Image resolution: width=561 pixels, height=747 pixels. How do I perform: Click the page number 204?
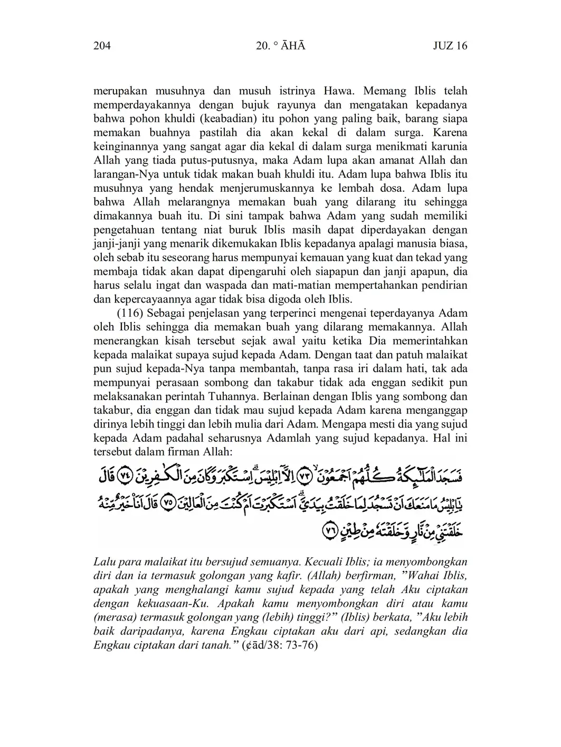tap(102, 46)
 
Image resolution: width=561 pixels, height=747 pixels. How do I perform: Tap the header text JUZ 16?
tap(450, 46)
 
